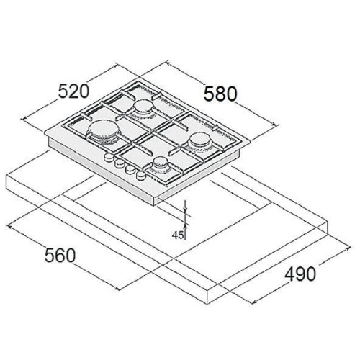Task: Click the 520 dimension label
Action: (73, 91)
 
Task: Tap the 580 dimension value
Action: (220, 94)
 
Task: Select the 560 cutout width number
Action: (60, 256)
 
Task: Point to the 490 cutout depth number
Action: (300, 274)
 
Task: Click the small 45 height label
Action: (177, 235)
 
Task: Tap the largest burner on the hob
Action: (103, 132)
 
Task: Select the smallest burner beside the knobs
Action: (160, 164)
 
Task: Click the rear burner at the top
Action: (143, 108)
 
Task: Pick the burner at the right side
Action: (199, 142)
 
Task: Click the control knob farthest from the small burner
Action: (109, 157)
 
